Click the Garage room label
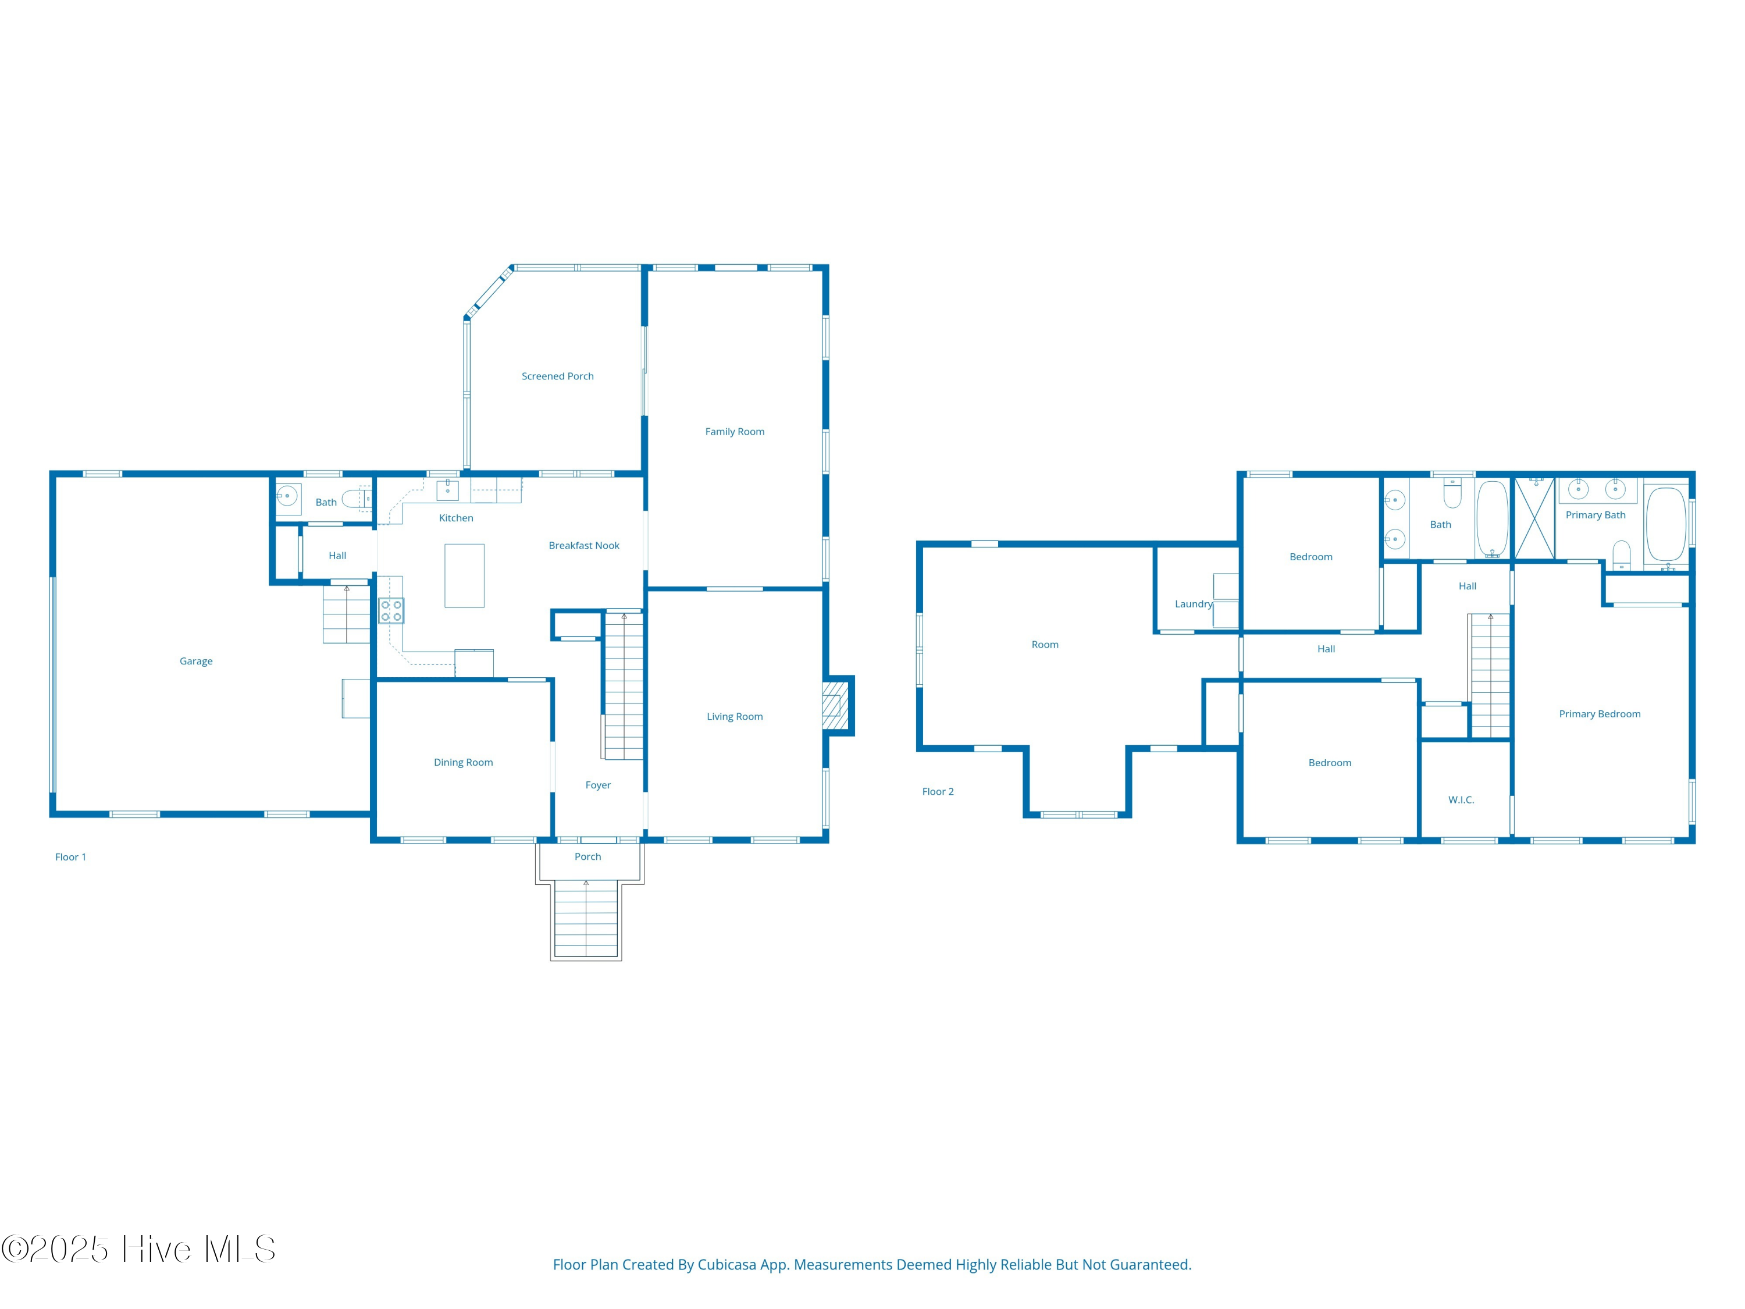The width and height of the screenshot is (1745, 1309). click(x=195, y=661)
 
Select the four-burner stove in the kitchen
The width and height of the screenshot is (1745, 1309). click(x=391, y=611)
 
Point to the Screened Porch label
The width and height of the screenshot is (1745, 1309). click(x=557, y=376)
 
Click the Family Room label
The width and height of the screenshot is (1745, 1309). click(x=735, y=432)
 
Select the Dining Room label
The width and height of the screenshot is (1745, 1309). click(x=463, y=762)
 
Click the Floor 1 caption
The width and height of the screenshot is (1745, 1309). click(x=70, y=857)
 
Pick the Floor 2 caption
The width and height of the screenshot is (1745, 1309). click(x=937, y=791)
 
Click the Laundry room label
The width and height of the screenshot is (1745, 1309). click(x=1193, y=604)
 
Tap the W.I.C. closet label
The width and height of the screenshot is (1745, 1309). click(x=1460, y=800)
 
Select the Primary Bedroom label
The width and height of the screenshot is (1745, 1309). click(x=1599, y=714)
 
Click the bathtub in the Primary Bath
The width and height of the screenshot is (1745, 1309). click(x=1665, y=524)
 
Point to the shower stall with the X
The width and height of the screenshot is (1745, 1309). click(x=1534, y=518)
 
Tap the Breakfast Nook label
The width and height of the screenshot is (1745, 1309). click(x=584, y=545)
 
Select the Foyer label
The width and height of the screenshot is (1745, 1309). click(x=597, y=785)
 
